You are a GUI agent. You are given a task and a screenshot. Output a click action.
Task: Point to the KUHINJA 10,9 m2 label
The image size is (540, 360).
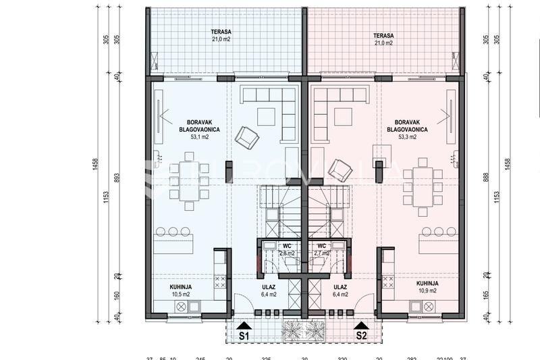pos(427,287)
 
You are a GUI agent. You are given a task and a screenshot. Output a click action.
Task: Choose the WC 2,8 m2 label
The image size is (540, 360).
pos(287,250)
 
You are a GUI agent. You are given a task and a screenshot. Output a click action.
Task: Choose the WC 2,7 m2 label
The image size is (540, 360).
pos(321,250)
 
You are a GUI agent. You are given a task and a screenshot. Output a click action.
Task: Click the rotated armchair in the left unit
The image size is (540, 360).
pos(246,138)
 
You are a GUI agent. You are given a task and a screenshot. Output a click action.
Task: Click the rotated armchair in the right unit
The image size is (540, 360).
pos(340,170)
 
